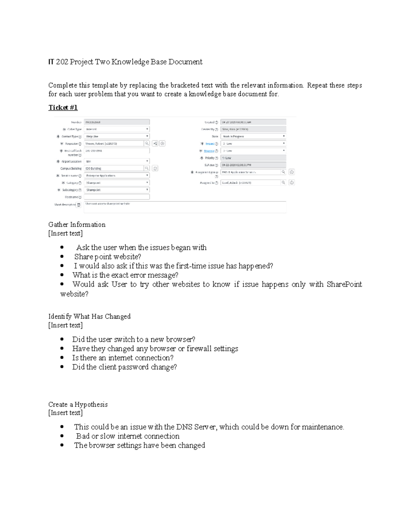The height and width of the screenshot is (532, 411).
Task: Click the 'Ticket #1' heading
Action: [63, 108]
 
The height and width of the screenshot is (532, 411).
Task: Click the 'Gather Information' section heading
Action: [77, 225]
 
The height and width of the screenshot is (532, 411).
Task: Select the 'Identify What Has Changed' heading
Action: [89, 317]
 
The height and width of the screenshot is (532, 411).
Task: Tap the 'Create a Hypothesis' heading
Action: [78, 405]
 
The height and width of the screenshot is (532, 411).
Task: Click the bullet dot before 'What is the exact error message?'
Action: [62, 275]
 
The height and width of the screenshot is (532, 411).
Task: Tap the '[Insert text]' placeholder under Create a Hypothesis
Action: [65, 413]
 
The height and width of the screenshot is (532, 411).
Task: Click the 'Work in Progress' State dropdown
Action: [253, 136]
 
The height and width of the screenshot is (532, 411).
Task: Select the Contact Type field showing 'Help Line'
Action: [116, 136]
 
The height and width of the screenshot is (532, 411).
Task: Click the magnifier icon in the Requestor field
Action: [147, 144]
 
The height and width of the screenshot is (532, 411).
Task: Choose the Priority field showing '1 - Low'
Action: [253, 158]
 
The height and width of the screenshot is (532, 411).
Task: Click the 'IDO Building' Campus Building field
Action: [114, 169]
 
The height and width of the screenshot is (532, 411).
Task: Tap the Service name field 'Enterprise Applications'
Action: [116, 176]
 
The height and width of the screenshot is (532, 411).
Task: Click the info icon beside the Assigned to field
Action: [292, 183]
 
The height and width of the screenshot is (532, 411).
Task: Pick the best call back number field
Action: [116, 151]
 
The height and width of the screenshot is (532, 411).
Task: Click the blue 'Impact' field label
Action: [210, 144]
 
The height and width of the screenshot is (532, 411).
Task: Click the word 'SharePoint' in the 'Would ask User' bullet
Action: [344, 284]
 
